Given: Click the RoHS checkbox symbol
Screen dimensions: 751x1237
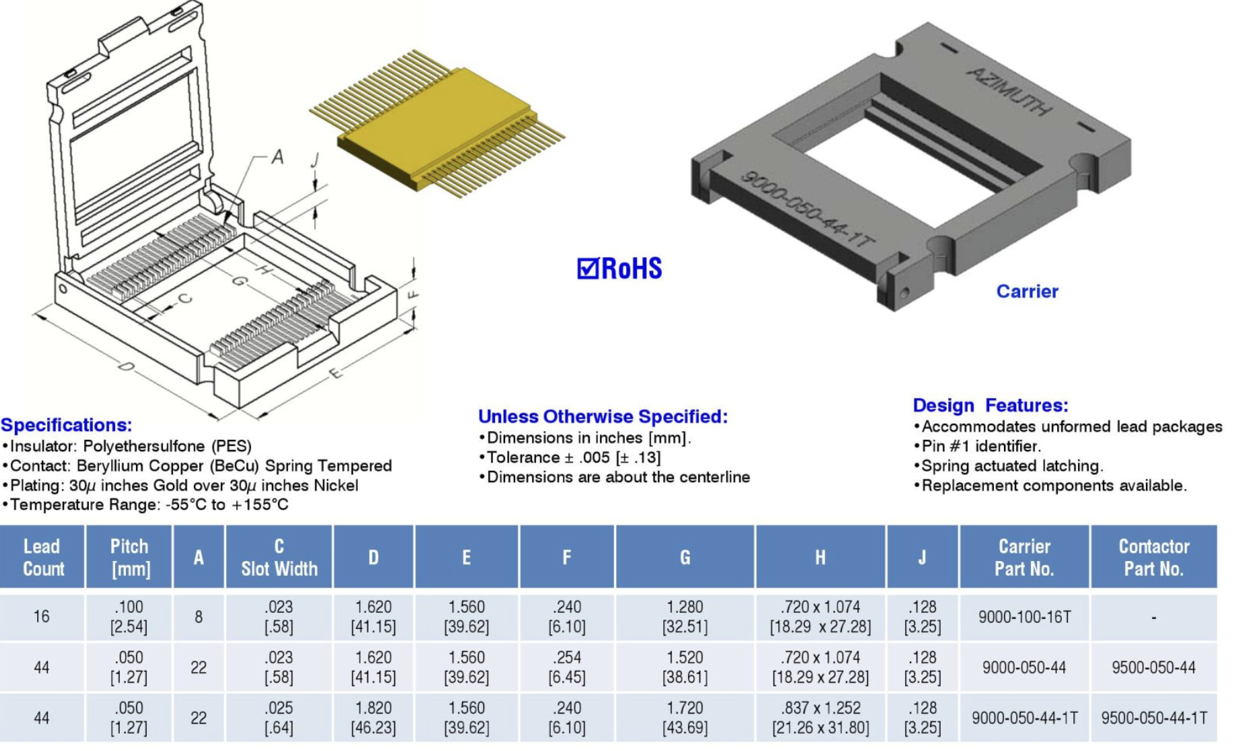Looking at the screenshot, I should tap(587, 269).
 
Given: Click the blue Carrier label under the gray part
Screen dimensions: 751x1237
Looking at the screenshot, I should tap(1027, 292).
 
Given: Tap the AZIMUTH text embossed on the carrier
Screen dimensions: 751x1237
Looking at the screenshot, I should tap(1008, 92).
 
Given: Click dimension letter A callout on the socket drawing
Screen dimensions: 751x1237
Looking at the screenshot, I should tap(277, 158).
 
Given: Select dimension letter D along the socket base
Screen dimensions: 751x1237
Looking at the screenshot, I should tap(126, 366).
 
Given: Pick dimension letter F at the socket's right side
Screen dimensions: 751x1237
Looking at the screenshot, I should tap(413, 294).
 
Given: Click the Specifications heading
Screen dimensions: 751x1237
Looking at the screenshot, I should tap(67, 425).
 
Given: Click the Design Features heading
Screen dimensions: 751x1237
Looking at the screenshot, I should tap(990, 405).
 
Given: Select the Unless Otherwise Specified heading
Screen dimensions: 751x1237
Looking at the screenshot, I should tap(603, 417).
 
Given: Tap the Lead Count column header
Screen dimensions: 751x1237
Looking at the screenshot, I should tap(42, 557).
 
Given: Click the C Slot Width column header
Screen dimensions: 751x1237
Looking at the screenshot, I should tap(279, 557).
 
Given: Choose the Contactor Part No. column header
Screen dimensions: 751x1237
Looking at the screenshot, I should tap(1153, 557).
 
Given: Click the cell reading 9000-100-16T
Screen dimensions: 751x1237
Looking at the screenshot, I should tap(1024, 617).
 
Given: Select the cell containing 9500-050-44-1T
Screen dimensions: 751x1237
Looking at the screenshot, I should tap(1154, 718).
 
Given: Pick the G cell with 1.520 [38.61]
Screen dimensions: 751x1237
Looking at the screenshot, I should tap(684, 667).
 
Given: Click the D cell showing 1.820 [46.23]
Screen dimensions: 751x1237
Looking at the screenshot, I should tap(373, 718).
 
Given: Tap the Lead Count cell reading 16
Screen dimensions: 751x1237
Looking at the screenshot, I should tap(42, 617).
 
